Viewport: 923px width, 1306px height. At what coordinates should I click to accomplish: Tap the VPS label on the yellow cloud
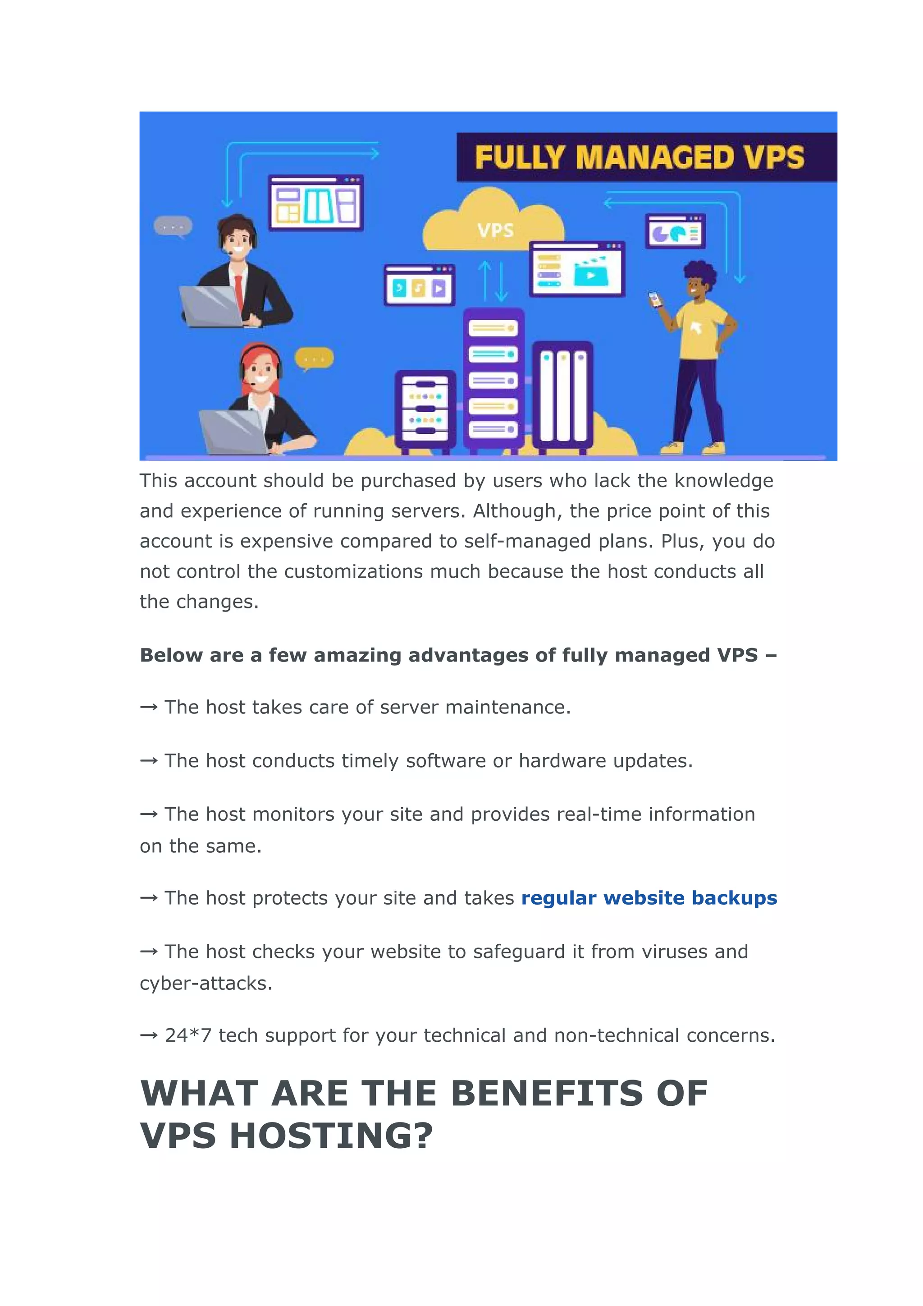(495, 230)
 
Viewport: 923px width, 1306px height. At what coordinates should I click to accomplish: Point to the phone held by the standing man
(656, 299)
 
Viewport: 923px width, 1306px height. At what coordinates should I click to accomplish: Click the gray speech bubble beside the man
(173, 227)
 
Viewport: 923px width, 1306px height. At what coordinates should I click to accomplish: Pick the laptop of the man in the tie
(211, 306)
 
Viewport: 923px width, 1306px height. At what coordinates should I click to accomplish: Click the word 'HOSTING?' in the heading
(331, 1136)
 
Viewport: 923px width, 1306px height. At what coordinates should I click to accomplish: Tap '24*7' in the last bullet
(188, 1035)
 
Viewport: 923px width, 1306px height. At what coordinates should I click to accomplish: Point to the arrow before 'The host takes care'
(148, 708)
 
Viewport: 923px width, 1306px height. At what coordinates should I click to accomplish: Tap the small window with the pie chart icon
(675, 231)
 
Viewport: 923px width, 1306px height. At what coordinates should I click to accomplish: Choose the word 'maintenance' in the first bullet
(505, 707)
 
